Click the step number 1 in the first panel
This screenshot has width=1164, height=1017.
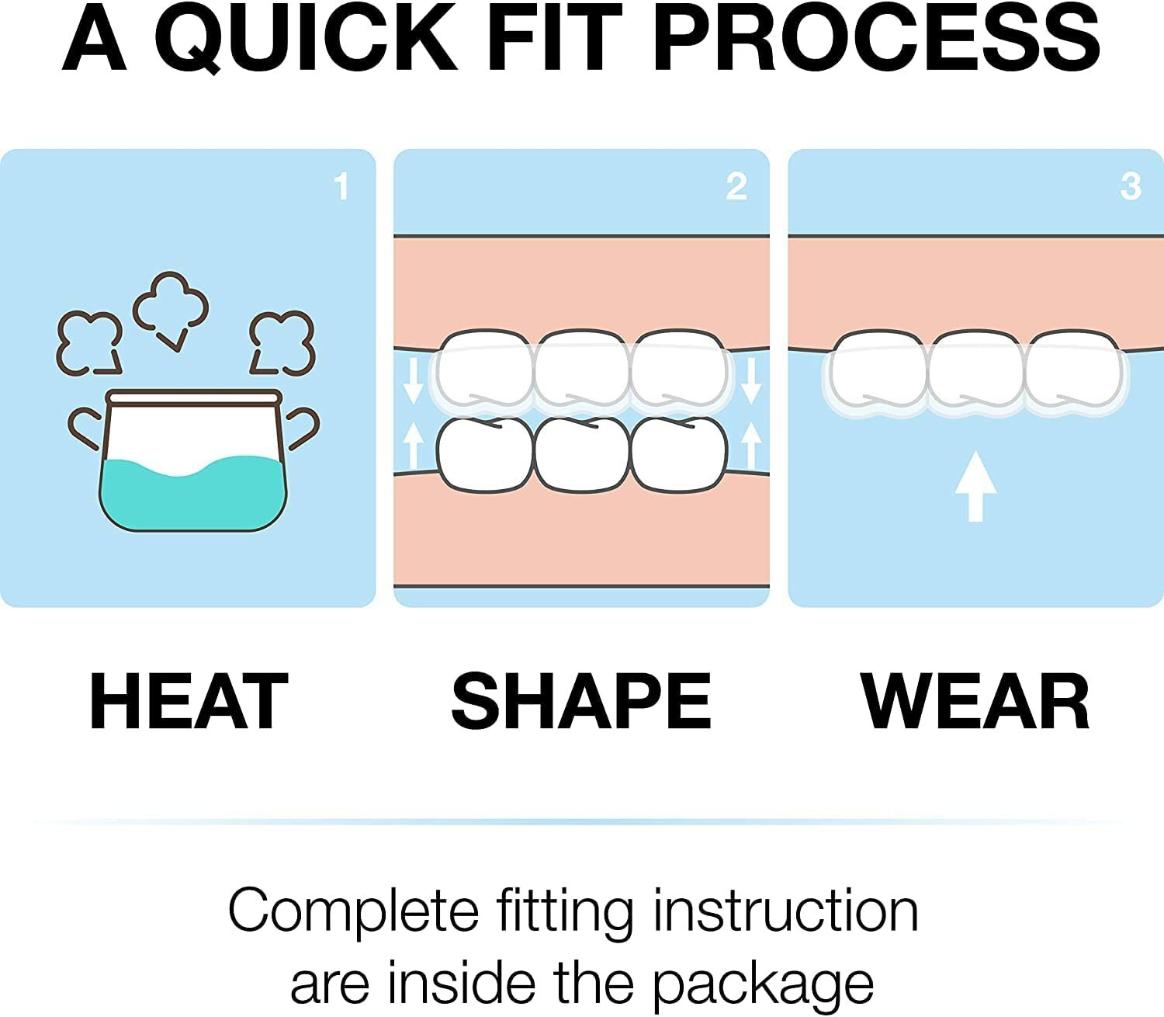(x=341, y=186)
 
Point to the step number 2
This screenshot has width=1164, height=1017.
(x=736, y=186)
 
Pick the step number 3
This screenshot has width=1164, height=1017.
(x=1131, y=186)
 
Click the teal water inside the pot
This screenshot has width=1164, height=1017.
(x=192, y=497)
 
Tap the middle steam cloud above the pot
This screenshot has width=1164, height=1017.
(x=171, y=307)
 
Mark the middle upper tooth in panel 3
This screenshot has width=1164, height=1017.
(x=975, y=369)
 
